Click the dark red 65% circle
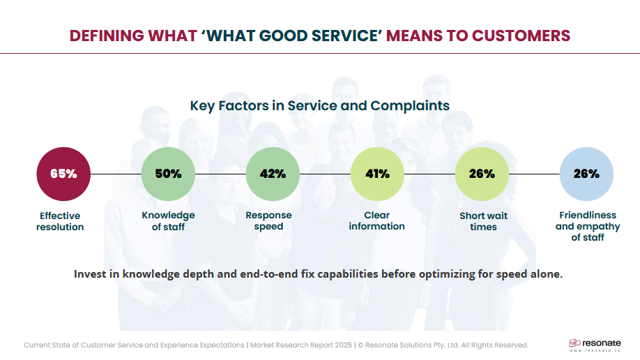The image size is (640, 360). pyautogui.click(x=63, y=174)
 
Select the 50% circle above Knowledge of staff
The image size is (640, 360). pyautogui.click(x=168, y=174)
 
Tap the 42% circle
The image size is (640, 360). pyautogui.click(x=273, y=174)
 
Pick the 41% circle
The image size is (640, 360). pyautogui.click(x=377, y=174)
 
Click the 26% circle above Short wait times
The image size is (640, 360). pyautogui.click(x=482, y=174)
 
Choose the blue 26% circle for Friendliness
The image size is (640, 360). pyautogui.click(x=586, y=174)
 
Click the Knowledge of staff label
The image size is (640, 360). pyautogui.click(x=168, y=220)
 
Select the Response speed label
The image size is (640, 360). pyautogui.click(x=268, y=220)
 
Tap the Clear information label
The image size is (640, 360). pyautogui.click(x=376, y=220)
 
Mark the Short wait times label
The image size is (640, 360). pyautogui.click(x=483, y=221)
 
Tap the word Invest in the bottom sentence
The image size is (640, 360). pyautogui.click(x=90, y=274)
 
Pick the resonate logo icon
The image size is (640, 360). pyautogui.click(x=574, y=343)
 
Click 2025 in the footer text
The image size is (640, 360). pyautogui.click(x=343, y=345)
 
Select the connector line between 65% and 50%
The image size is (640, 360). pyautogui.click(x=116, y=174)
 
